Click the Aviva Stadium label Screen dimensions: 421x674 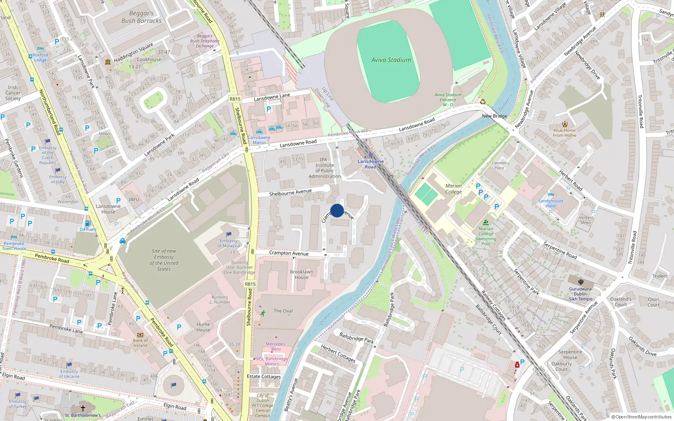[x=391, y=60]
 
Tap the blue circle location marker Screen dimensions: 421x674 [x=337, y=210]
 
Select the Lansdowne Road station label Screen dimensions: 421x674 [x=370, y=164]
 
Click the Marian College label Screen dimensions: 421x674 [x=453, y=189]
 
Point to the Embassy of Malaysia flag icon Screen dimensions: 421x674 [x=229, y=234]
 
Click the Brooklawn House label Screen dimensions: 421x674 [x=301, y=274]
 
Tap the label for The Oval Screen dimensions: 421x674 [x=283, y=311]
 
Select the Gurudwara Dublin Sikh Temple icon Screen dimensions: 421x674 [x=580, y=282]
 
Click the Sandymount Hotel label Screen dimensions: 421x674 [x=551, y=203]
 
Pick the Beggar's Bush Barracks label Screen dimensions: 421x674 [x=142, y=17]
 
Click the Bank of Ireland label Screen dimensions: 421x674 [x=140, y=343]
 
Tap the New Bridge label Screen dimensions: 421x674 [x=494, y=116]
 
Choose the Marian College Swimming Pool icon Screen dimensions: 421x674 [x=486, y=222]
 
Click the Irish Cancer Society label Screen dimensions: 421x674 [x=13, y=93]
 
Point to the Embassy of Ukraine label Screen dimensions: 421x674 [x=69, y=374]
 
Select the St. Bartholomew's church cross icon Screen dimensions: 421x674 [x=83, y=408]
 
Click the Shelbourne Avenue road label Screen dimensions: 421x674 [x=290, y=192]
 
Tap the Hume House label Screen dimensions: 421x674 [x=203, y=327]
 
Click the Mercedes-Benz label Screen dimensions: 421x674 [x=276, y=346]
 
